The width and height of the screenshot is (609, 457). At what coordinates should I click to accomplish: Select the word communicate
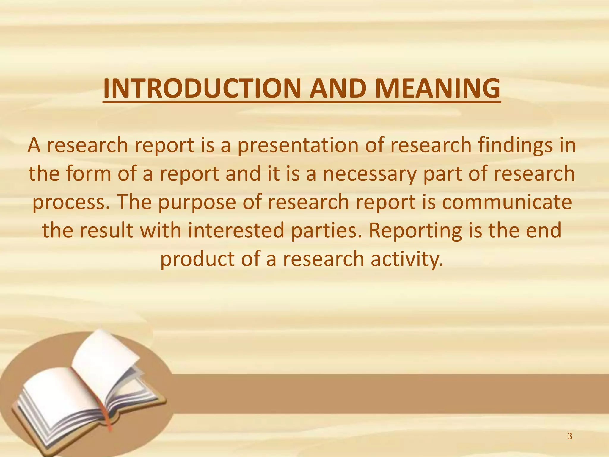point(507,202)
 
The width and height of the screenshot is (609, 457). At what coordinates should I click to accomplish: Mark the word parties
point(327,231)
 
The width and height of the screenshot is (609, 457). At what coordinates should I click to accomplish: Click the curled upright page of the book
point(103,357)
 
